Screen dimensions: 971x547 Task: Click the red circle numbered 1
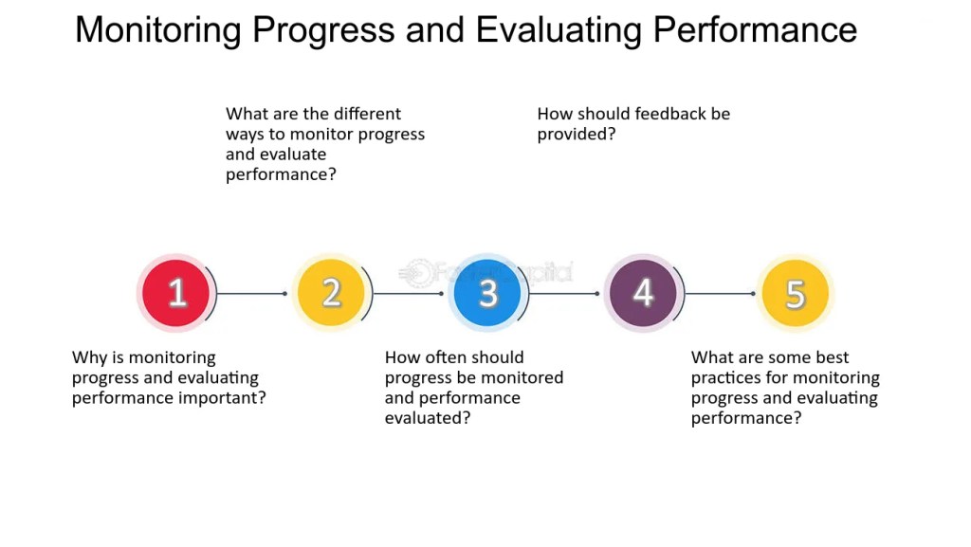175,293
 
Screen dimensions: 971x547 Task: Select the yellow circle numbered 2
331,293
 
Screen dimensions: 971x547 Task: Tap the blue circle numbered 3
487,293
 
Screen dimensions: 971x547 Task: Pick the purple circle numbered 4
643,293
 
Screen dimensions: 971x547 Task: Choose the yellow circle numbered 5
796,293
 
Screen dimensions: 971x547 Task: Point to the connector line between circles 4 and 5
720,293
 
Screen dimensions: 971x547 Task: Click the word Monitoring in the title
158,30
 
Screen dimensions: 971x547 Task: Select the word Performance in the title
755,29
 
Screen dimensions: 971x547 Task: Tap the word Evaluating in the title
559,30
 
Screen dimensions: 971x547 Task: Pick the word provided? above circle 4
577,135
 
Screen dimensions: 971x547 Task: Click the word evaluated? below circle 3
428,418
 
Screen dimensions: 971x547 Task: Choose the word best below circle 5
833,357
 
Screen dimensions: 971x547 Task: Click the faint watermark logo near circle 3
486,272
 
